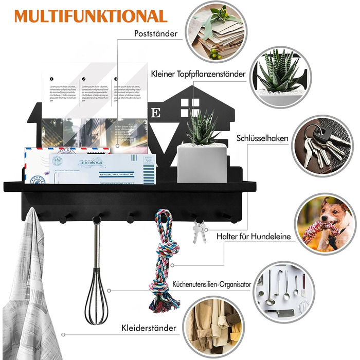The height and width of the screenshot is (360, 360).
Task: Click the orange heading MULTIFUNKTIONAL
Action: coord(91,15)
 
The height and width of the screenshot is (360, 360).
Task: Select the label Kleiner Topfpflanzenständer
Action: coord(198,74)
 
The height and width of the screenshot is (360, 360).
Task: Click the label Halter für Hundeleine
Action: coord(261,237)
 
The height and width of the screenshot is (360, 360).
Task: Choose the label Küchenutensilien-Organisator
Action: coord(211,283)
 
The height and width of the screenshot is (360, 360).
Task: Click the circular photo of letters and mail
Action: coord(215,31)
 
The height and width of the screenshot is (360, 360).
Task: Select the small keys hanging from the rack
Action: coord(200,231)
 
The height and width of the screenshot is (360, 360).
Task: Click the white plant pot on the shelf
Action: coord(202,163)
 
